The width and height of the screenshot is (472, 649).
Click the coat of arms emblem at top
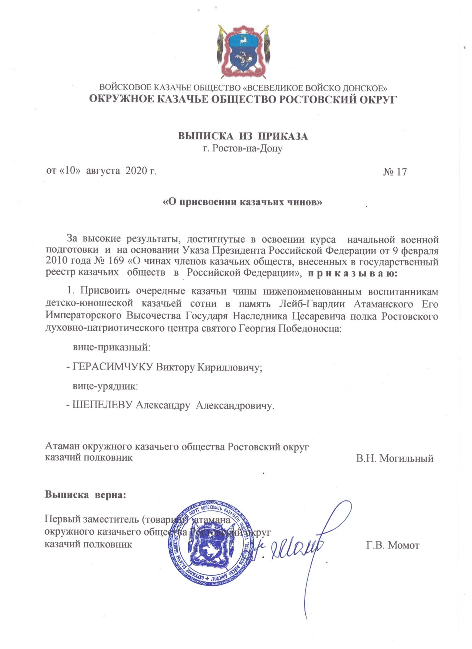tap(243, 51)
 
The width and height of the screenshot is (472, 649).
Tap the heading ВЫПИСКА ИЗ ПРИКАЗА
tap(242, 136)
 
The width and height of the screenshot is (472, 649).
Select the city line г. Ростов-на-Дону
tap(242, 149)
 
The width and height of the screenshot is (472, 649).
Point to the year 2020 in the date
tap(136, 171)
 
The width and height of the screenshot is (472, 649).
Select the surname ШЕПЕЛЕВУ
tap(103, 405)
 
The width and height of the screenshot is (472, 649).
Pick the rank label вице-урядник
tap(105, 386)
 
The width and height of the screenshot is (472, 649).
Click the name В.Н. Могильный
tap(394, 459)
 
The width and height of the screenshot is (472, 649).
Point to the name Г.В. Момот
tap(393, 545)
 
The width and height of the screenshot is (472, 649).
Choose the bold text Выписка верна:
tap(85, 495)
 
